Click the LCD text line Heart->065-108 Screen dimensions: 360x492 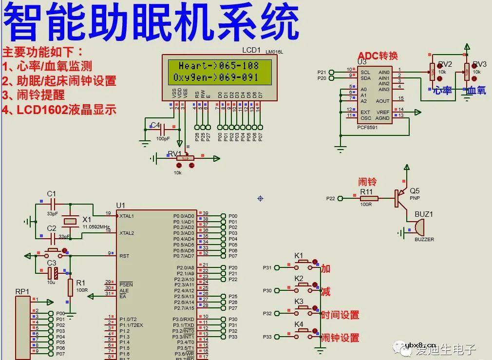(x=218, y=66)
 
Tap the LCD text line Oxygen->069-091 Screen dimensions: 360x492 (x=218, y=77)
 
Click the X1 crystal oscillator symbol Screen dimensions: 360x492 (x=71, y=221)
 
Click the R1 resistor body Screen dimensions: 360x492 (x=70, y=288)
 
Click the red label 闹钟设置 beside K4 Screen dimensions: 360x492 (x=340, y=338)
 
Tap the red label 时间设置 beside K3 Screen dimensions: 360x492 (x=340, y=315)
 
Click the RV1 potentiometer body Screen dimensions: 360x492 (x=185, y=158)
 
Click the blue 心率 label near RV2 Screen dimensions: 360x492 (x=443, y=91)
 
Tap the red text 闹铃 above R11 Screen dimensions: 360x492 (x=367, y=182)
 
